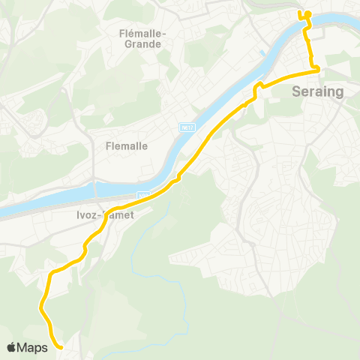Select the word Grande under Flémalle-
coord(141,44)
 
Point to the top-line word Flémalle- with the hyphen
coord(142,33)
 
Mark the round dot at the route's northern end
coord(307,13)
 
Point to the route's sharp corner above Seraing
coord(319,70)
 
